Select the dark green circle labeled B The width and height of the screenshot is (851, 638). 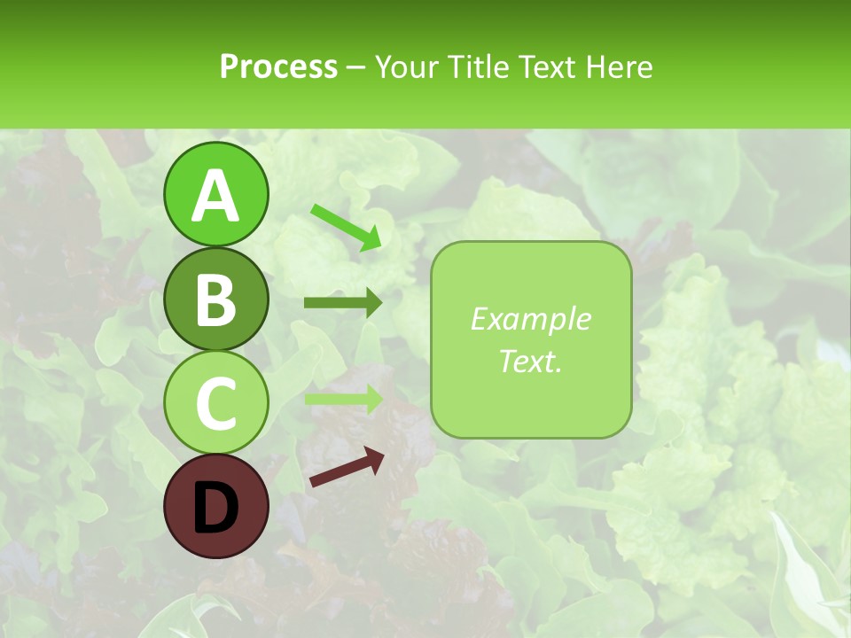(x=216, y=300)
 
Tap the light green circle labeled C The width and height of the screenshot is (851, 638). (x=216, y=402)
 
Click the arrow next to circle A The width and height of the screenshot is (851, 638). (x=346, y=226)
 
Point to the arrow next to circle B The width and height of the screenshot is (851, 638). (x=343, y=303)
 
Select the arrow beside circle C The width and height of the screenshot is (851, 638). (x=343, y=399)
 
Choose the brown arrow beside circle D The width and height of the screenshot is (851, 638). (x=347, y=467)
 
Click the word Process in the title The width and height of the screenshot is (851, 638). (x=278, y=66)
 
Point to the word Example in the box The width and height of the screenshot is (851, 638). (x=530, y=319)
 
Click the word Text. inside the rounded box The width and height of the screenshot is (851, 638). (x=530, y=361)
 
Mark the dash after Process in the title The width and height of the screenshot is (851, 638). (x=356, y=67)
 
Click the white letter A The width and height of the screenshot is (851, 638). (x=216, y=196)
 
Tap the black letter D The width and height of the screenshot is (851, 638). (x=216, y=508)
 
